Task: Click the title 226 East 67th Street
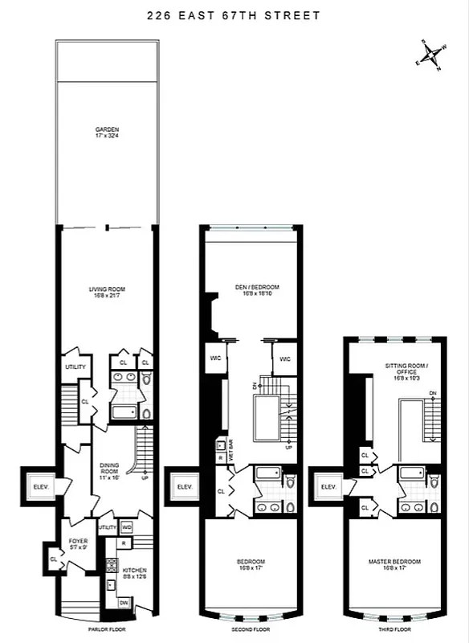coord(234,15)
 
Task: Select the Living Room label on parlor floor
coord(107,292)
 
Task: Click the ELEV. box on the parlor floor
coord(39,486)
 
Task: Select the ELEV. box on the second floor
coord(183,486)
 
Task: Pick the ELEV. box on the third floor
coord(328,486)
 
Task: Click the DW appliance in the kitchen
coord(123,602)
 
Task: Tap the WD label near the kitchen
coord(127,527)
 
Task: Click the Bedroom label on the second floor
coord(252,563)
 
